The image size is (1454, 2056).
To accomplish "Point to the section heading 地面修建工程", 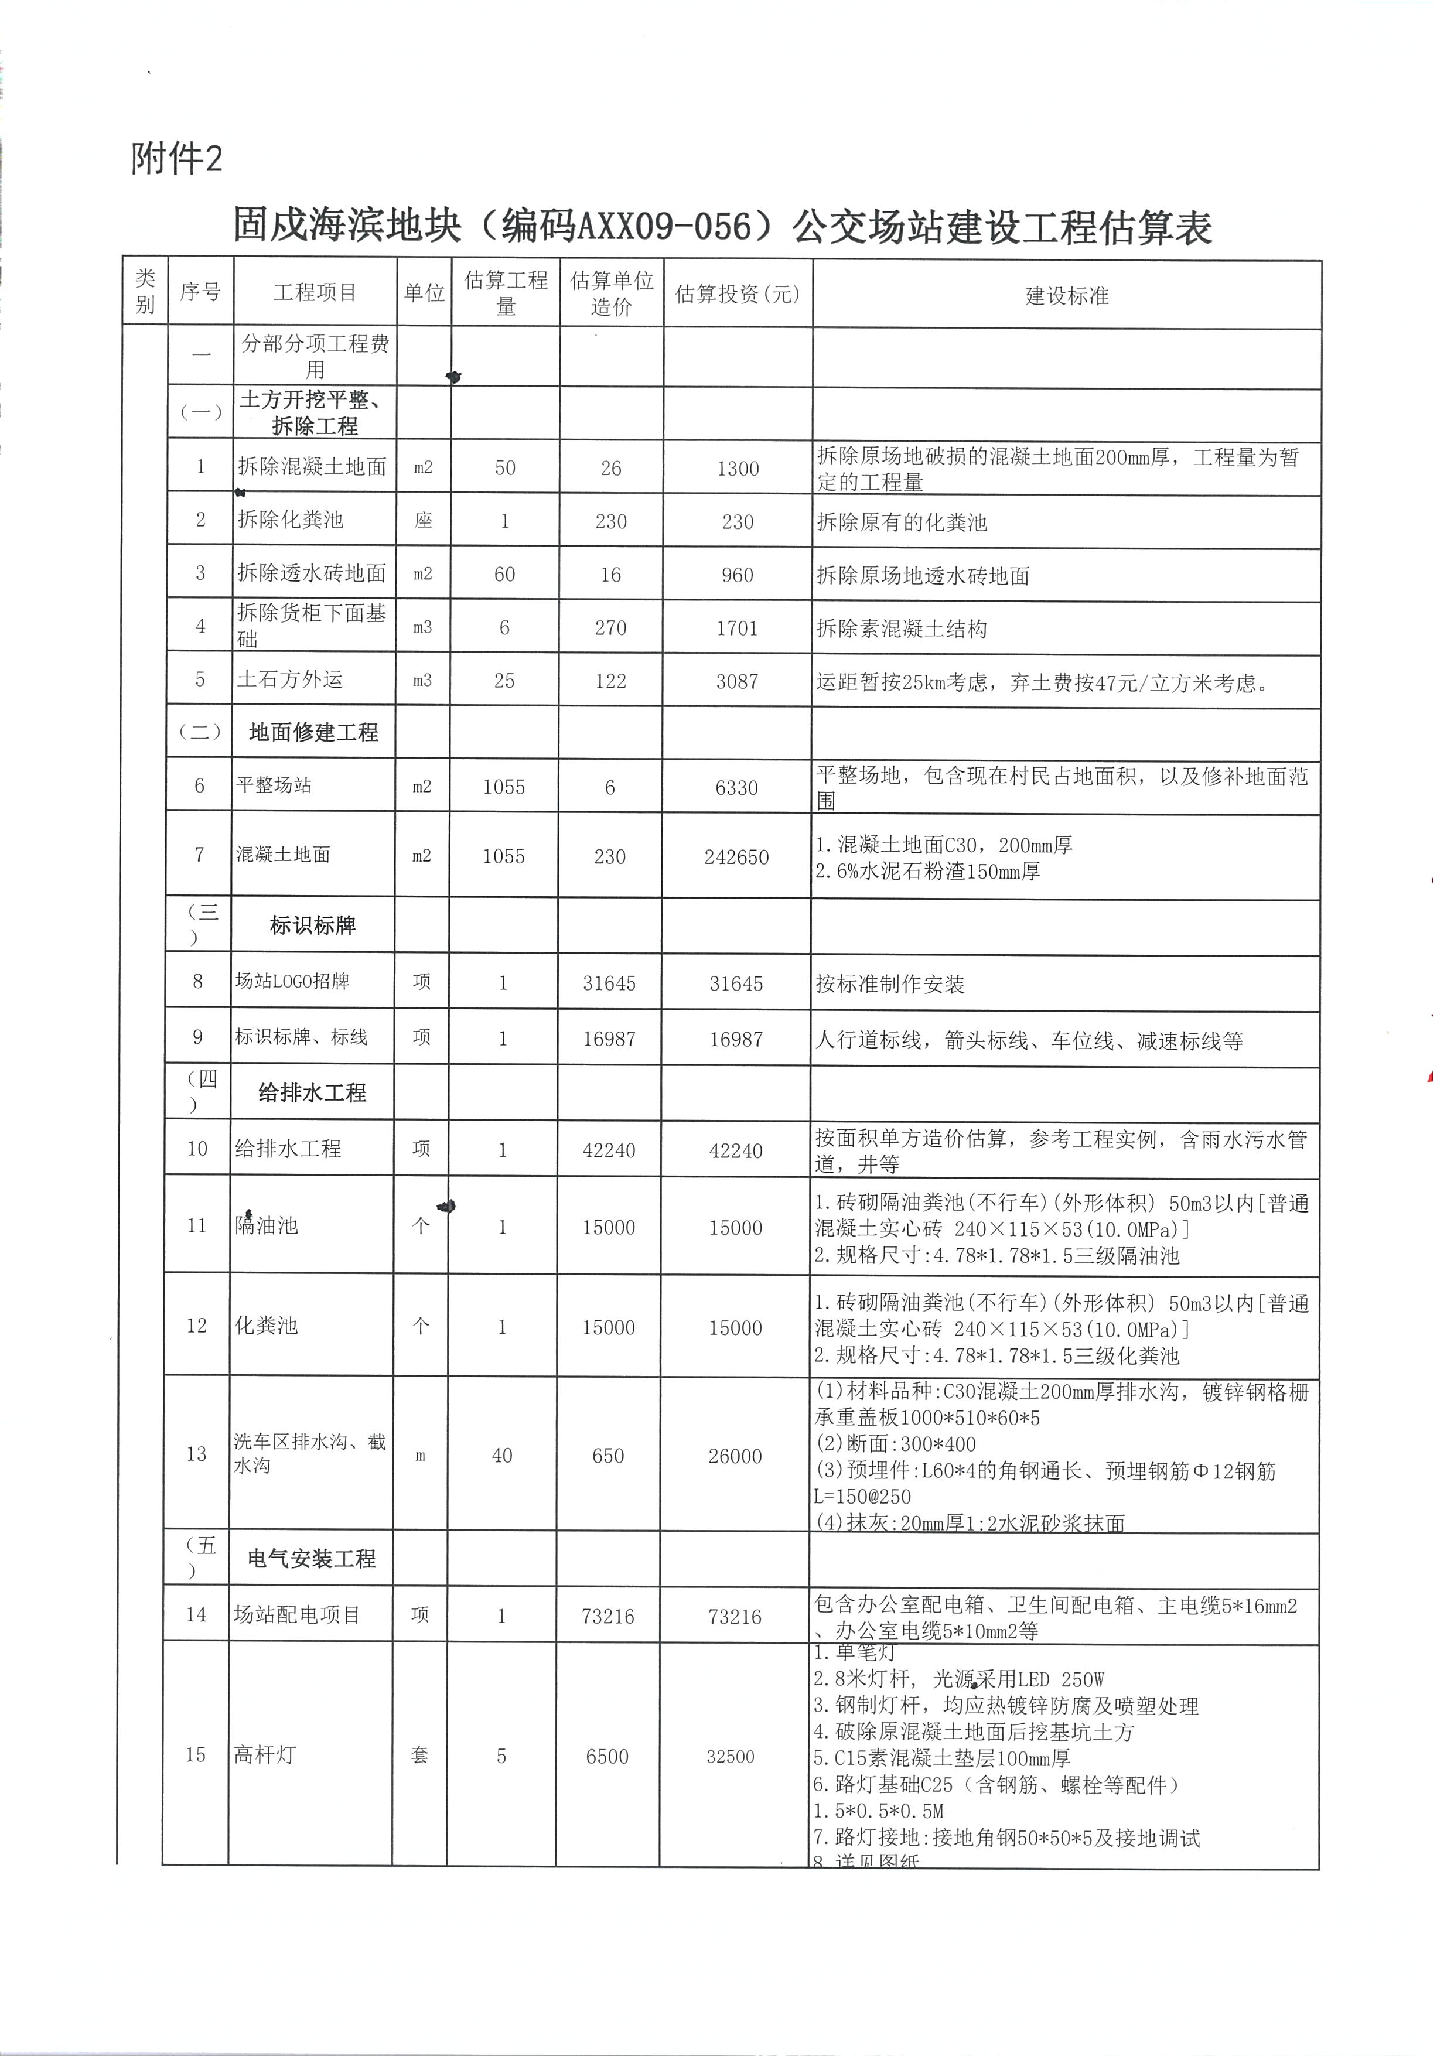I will point(313,733).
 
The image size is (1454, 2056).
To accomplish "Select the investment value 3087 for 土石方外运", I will point(737,681).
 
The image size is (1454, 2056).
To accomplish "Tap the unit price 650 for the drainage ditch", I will point(608,1456).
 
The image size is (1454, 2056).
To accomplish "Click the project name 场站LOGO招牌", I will point(292,982).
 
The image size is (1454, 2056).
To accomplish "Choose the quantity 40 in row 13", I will point(502,1456).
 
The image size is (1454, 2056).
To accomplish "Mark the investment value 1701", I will point(737,629).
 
